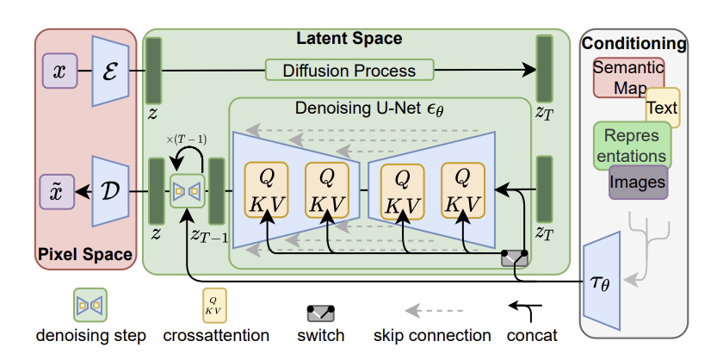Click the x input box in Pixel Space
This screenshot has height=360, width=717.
[x=59, y=71]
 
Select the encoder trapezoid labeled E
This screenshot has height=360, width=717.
[x=110, y=71]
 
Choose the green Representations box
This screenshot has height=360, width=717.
[x=631, y=145]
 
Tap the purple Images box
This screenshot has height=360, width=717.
[x=638, y=182]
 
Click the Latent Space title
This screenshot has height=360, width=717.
[x=348, y=39]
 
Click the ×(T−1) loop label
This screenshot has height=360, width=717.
[x=186, y=139]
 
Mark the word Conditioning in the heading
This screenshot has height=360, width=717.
[x=634, y=43]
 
